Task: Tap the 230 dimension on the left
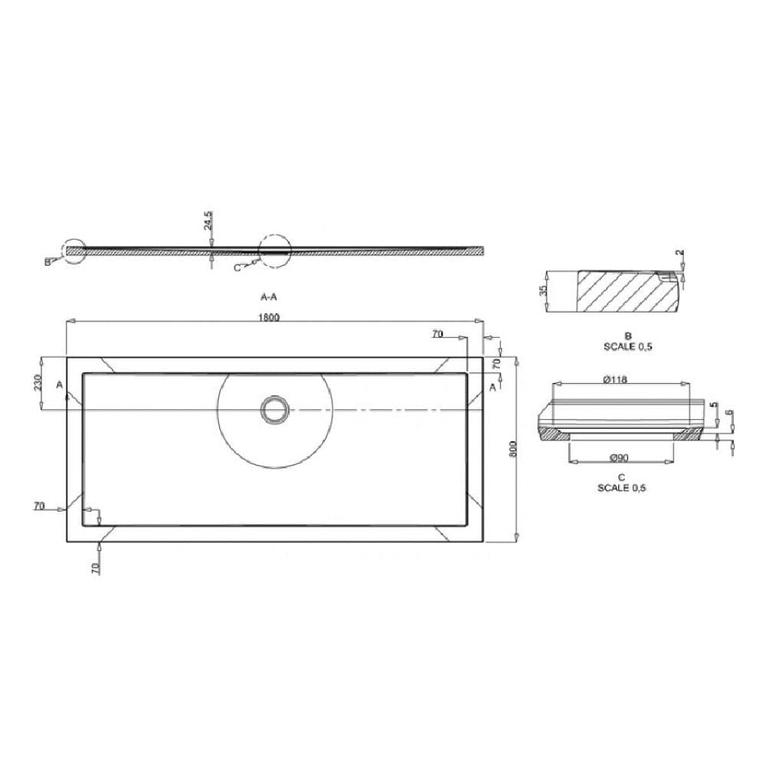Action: coord(38,383)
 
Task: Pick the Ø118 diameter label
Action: coord(616,379)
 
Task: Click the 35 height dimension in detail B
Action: coord(543,291)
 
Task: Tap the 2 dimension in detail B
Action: coord(679,254)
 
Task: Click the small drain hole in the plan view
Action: coord(273,409)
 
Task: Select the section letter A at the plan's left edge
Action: coord(60,385)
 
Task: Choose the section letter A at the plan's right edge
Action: coord(493,387)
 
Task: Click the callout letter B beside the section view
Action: coord(47,262)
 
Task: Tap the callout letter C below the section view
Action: coord(237,267)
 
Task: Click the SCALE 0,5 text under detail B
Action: coord(627,346)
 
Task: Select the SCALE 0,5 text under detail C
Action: coord(621,488)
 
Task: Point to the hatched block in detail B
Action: coord(617,292)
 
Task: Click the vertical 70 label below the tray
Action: coord(95,568)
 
